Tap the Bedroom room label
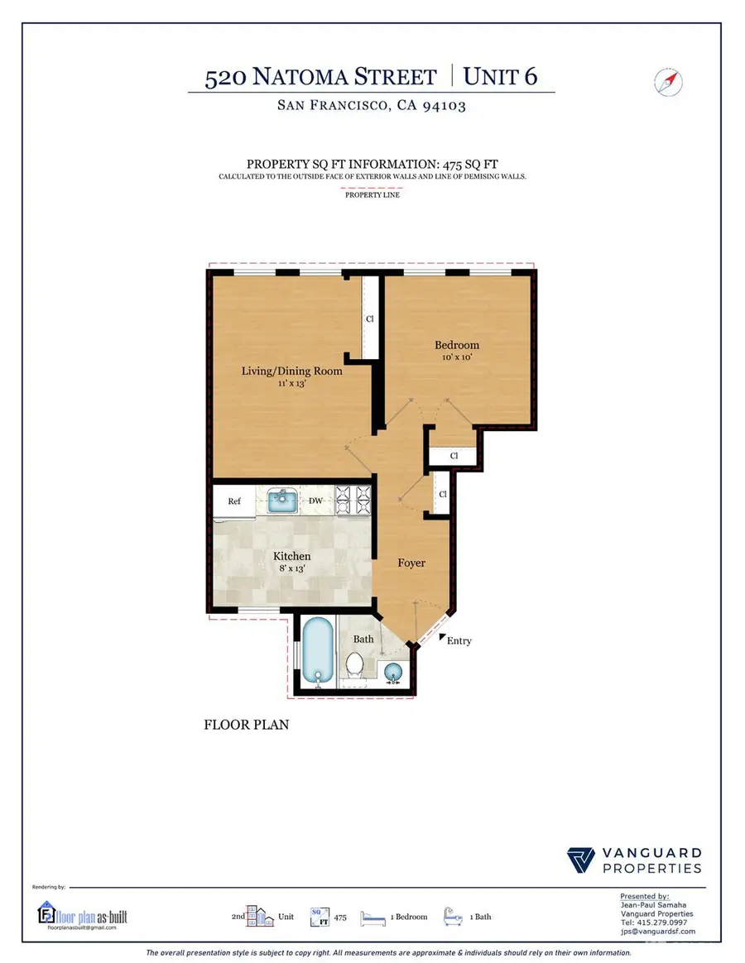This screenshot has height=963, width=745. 457,345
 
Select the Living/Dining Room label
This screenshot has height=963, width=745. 291,371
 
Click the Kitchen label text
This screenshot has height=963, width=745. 292,557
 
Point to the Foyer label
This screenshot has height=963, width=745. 411,563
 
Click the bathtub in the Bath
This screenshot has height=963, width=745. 318,652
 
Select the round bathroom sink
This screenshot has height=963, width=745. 394,674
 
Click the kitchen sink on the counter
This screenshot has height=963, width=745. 283,501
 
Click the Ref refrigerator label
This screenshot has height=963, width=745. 234,501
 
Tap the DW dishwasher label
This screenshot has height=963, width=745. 315,501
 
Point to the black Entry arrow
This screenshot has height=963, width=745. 443,635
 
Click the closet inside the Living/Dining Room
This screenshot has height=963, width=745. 370,319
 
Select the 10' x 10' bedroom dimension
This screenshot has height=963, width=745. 457,358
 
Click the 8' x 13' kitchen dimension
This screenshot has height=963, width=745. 292,569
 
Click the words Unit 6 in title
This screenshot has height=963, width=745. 500,77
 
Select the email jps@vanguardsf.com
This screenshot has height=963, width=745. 658,932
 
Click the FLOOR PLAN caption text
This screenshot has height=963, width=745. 246,725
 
